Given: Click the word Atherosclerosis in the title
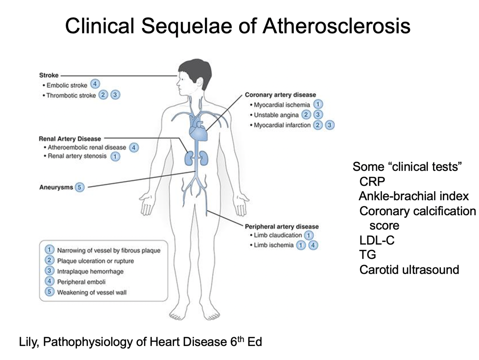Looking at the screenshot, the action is coord(336,26).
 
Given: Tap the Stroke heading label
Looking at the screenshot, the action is coord(49,75).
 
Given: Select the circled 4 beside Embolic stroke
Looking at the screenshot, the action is coord(95,84).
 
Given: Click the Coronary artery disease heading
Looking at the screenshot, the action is coord(280,95).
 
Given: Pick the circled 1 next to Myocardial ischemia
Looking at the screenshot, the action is coord(318,105).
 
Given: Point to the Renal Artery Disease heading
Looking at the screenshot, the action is coord(70,139).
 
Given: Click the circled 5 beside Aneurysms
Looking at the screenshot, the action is coord(80,187).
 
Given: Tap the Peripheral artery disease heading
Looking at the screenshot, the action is coord(282,226).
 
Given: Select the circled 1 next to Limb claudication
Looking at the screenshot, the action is coord(308,235).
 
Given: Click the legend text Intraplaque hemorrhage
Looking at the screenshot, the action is coord(90,272).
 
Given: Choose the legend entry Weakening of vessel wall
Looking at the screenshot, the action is coord(92,292).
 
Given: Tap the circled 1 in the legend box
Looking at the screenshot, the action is coord(49,250).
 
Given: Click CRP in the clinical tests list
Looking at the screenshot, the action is coord(372,181).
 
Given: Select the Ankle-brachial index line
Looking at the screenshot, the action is coord(414,196).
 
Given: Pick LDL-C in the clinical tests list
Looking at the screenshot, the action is coord(377,240).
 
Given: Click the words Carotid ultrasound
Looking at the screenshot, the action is coord(409,269).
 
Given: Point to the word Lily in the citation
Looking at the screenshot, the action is coord(28,342).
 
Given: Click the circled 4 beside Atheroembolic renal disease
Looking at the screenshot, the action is coord(134,148).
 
